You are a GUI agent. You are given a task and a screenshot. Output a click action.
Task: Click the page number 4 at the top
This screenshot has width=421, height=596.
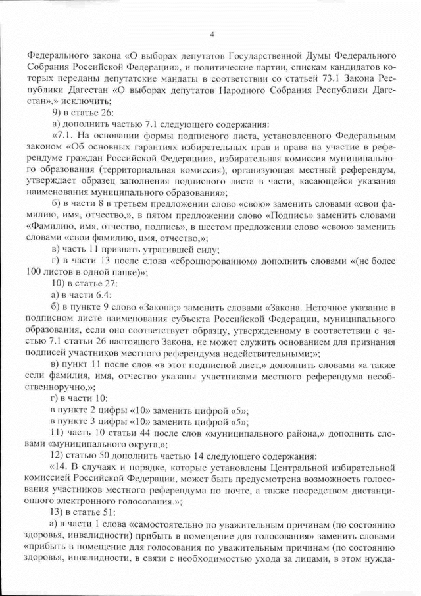pos(211,34)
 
